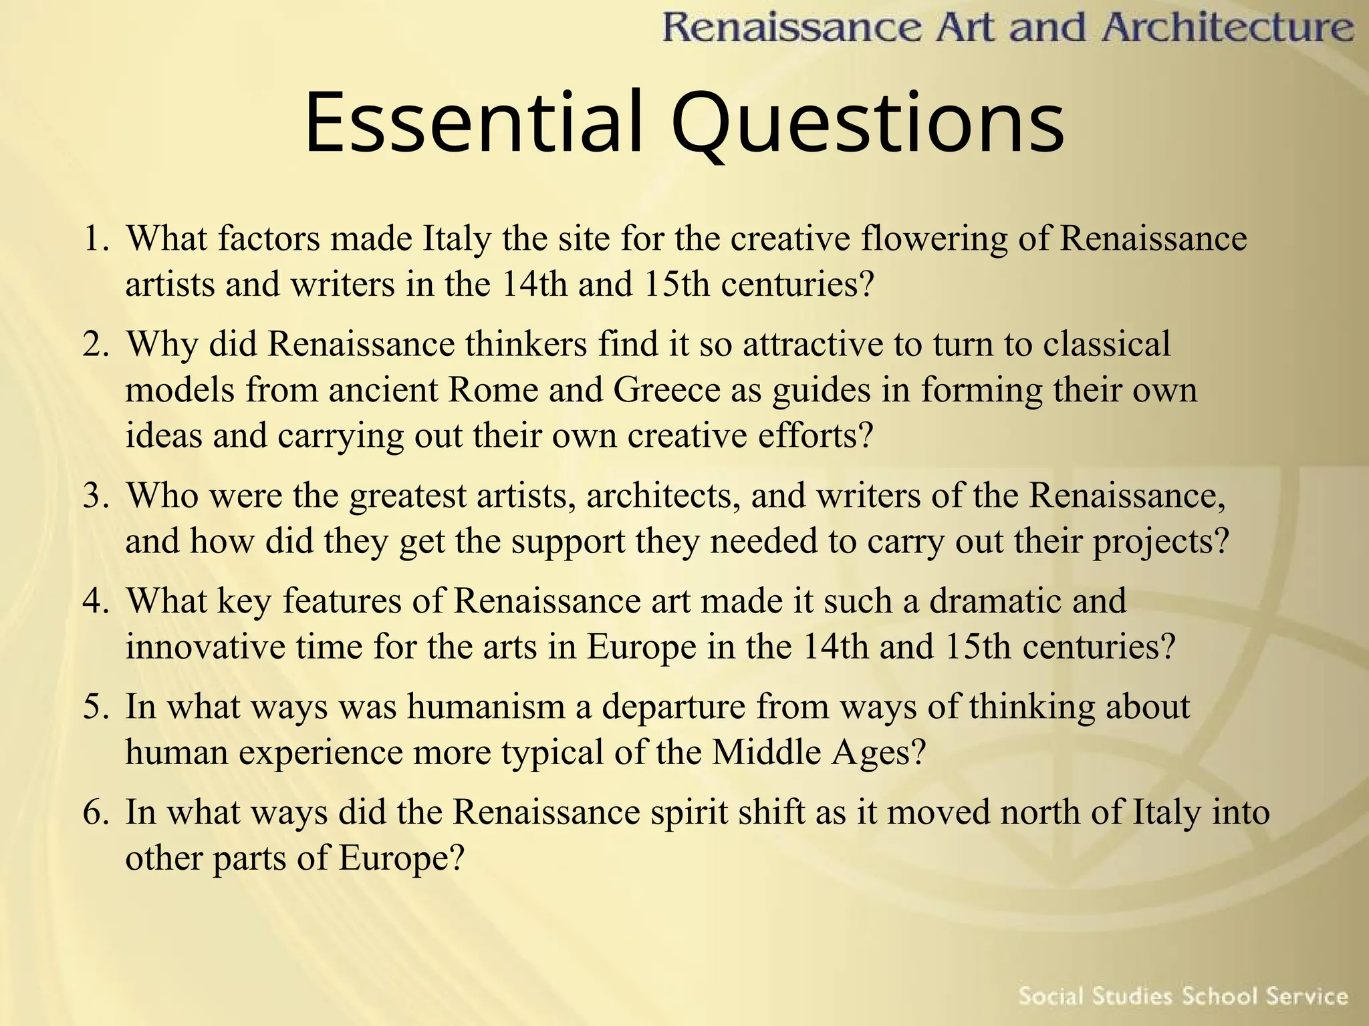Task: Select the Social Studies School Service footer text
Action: click(x=1183, y=997)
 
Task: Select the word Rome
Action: click(x=493, y=390)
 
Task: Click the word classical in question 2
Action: click(x=1107, y=345)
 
